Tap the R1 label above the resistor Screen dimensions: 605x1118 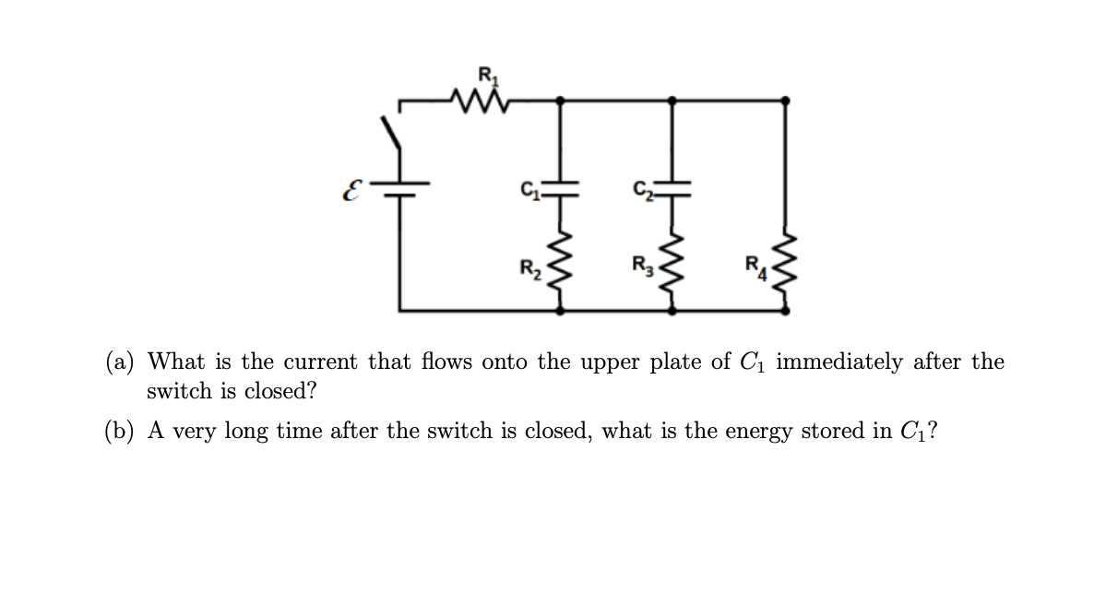(x=483, y=73)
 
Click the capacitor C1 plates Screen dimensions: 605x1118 (x=561, y=188)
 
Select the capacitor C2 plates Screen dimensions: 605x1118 (x=672, y=188)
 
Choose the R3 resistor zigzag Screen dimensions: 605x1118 (x=672, y=267)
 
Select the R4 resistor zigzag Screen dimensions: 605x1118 (x=785, y=267)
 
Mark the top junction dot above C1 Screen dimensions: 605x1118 (x=561, y=99)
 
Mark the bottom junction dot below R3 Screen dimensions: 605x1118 (x=672, y=311)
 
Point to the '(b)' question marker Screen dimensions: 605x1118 (x=119, y=431)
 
